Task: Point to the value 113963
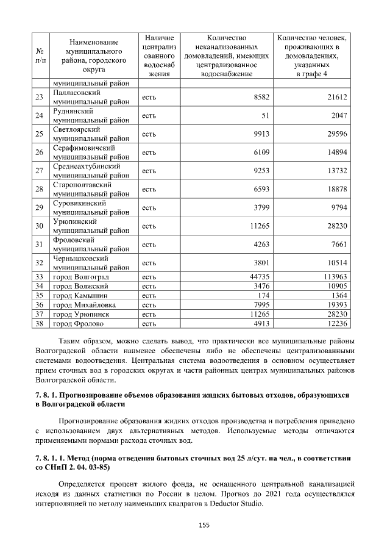point(333,276)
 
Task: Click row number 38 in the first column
point(40,324)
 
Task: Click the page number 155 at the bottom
point(195,525)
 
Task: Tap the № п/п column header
point(40,56)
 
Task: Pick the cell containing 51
point(265,116)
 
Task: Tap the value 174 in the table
point(263,295)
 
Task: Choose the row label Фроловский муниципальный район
point(90,244)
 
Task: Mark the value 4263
point(261,244)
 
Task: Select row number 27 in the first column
point(40,171)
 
